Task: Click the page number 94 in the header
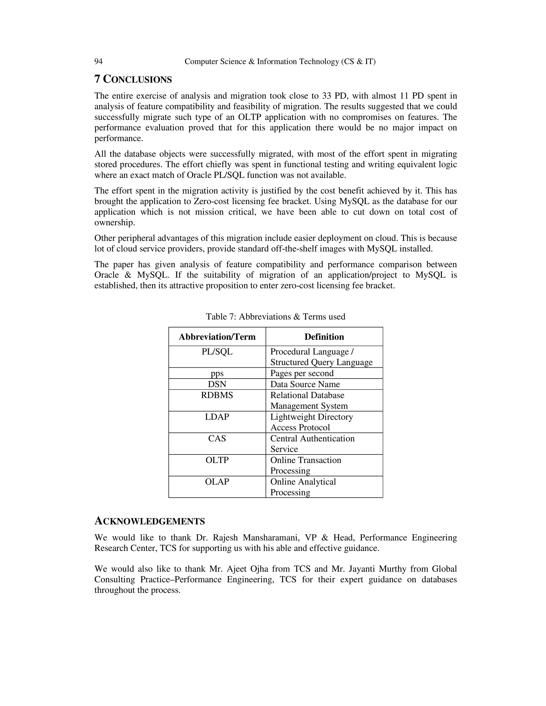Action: tap(98, 62)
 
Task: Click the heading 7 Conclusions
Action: tap(133, 79)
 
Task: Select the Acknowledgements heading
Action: tap(150, 521)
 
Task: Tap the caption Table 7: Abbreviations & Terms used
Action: tap(276, 317)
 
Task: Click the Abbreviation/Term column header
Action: tap(217, 337)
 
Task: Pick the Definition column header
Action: tap(324, 337)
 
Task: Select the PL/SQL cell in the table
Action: tap(217, 352)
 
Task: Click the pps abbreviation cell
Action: tap(217, 373)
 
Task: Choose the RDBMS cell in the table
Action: tap(217, 395)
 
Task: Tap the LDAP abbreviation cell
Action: tap(217, 417)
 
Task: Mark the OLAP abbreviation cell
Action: tap(217, 482)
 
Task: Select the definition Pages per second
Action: tap(302, 373)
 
